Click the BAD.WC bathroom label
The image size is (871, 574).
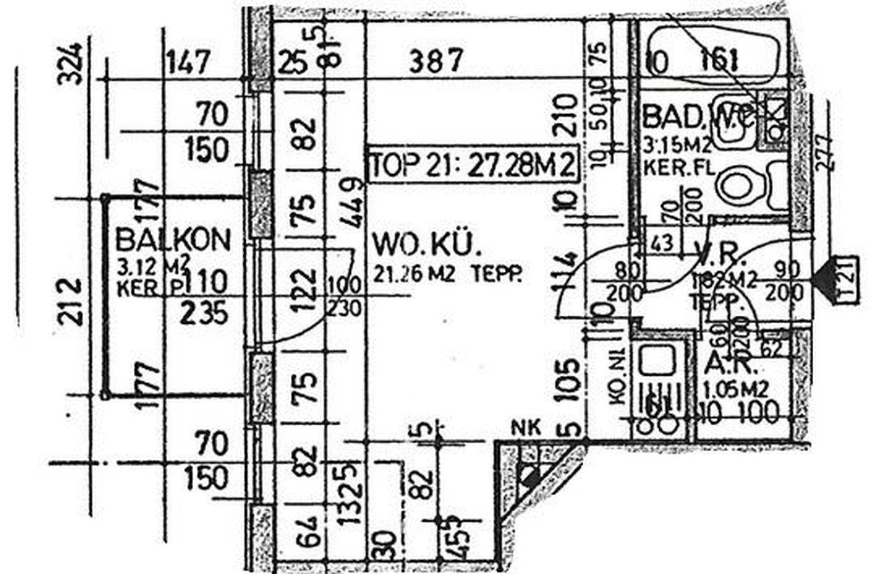[696, 116]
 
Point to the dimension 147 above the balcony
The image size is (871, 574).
[188, 63]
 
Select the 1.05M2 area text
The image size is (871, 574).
[736, 390]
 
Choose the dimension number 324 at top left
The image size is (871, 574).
[71, 64]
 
